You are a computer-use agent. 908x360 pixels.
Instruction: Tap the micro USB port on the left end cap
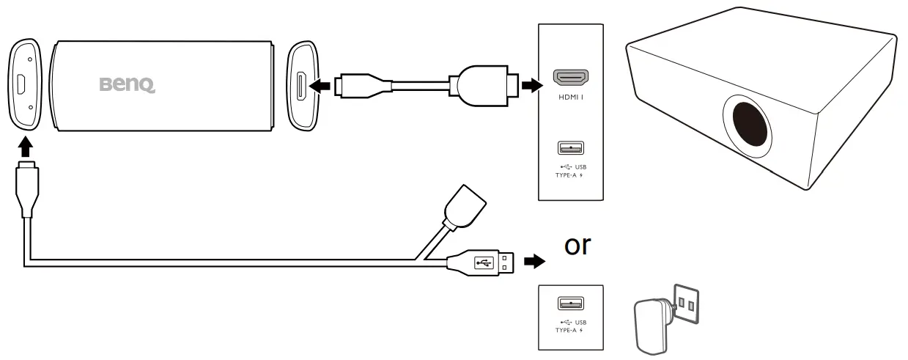click(22, 84)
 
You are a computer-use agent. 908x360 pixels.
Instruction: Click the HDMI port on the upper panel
click(571, 77)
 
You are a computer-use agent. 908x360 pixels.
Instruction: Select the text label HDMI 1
click(571, 96)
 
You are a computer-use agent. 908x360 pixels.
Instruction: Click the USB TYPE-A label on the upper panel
click(572, 171)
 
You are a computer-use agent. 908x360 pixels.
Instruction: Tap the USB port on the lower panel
click(571, 304)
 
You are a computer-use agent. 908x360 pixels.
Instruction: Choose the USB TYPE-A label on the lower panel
click(572, 326)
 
